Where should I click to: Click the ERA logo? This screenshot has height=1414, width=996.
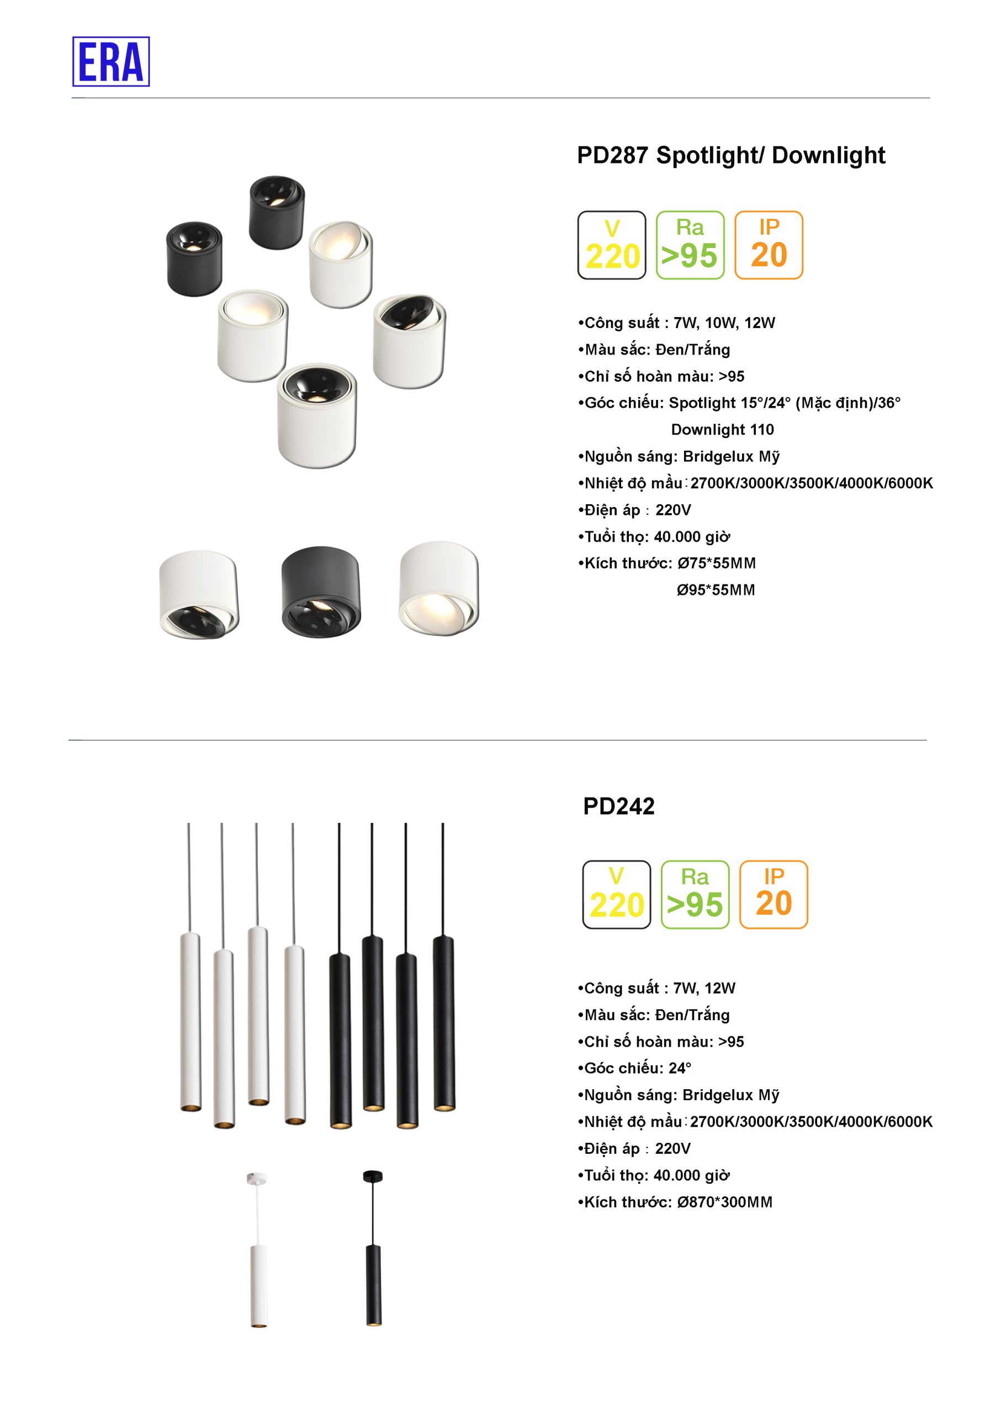(x=111, y=61)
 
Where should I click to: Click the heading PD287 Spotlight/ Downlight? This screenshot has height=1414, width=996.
(x=730, y=155)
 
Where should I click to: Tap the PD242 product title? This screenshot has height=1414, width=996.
(x=619, y=806)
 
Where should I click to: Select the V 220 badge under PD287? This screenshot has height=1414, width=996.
(x=611, y=245)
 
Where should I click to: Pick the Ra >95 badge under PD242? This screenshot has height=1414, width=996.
(x=695, y=894)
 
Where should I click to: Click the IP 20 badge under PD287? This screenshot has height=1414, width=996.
(x=769, y=245)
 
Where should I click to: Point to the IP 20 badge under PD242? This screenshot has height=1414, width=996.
(x=773, y=894)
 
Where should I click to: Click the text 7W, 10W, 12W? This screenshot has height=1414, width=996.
(x=724, y=323)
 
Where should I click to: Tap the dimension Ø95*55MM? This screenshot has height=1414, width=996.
(x=716, y=590)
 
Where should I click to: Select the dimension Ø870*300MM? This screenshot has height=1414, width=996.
(x=724, y=1202)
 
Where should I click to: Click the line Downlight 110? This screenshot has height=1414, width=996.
(x=722, y=429)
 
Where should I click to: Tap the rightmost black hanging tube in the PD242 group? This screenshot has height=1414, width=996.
(x=443, y=1022)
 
